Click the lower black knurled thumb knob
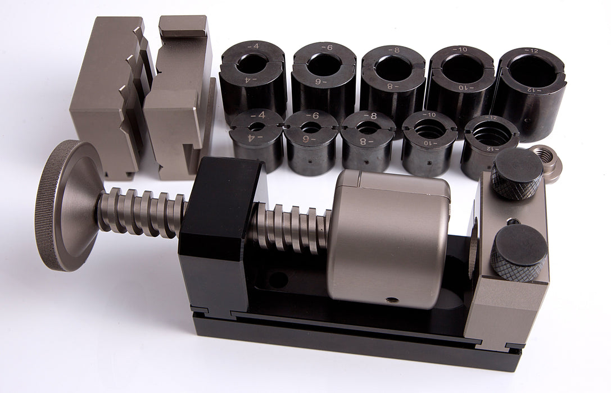coord(518,253)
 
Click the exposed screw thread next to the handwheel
coord(141,211)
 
